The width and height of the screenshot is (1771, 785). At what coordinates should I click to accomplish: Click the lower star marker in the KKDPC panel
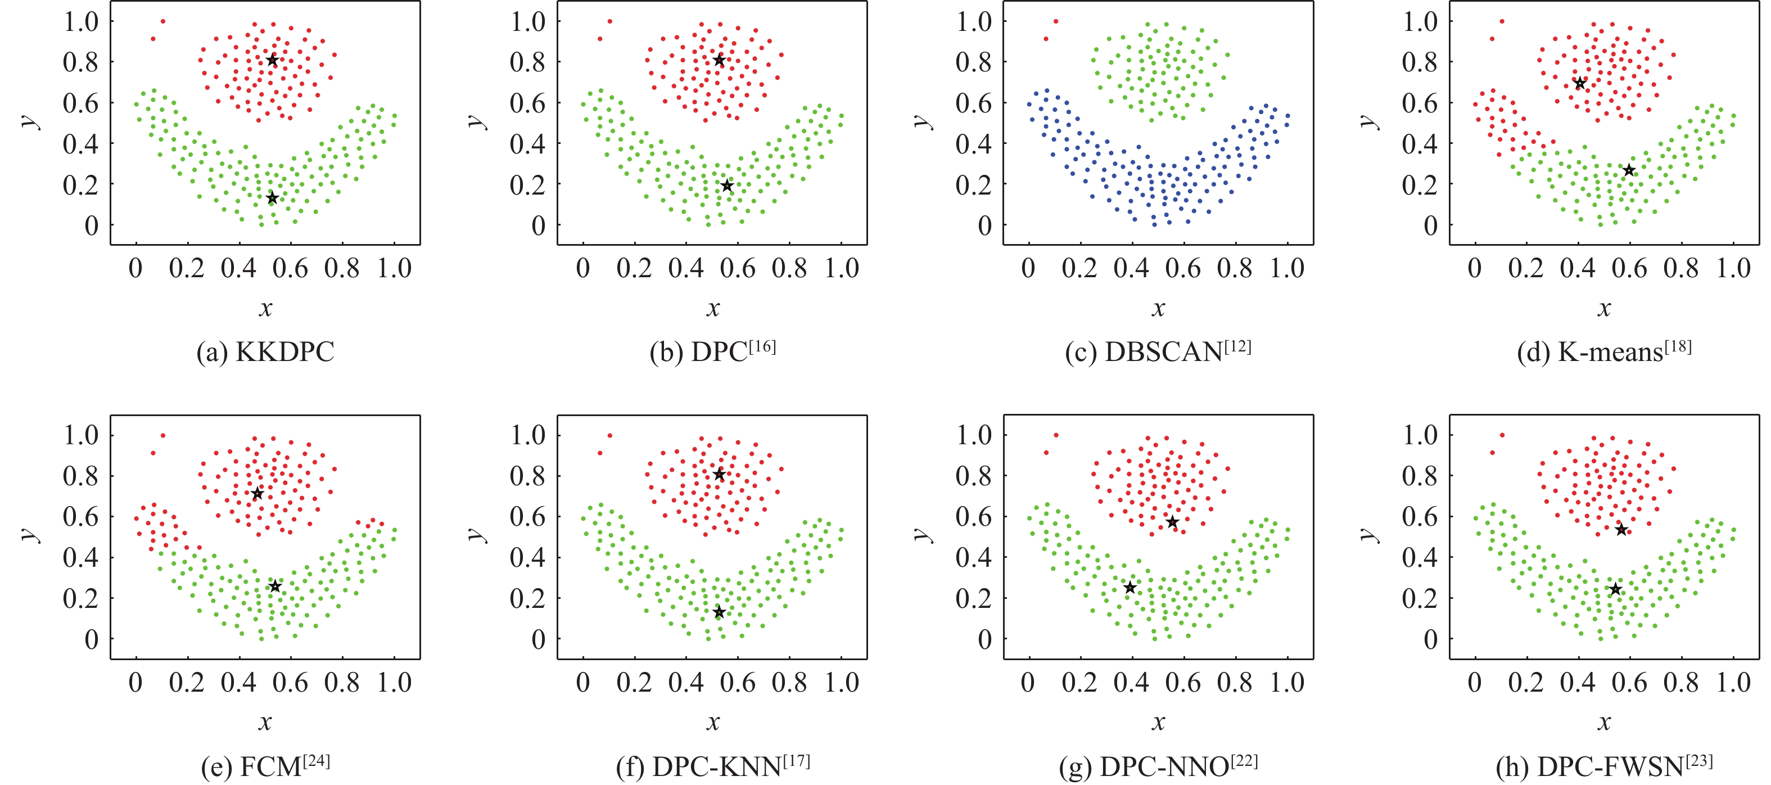[x=272, y=198]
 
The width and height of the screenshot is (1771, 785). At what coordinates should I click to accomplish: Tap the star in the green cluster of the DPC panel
[x=728, y=186]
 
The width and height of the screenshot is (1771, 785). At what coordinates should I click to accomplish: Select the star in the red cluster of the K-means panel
[x=1580, y=84]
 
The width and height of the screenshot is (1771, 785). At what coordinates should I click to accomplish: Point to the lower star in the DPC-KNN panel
[x=719, y=612]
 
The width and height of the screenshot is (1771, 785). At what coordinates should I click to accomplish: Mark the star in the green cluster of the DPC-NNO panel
[x=1130, y=588]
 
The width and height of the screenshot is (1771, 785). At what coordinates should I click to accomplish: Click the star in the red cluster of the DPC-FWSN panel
[x=1621, y=529]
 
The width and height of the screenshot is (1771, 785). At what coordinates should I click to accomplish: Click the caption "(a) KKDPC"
[x=265, y=353]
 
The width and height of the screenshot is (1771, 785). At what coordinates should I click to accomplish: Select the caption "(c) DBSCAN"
[x=1158, y=351]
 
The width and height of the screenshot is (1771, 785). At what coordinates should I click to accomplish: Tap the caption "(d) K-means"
[x=1604, y=351]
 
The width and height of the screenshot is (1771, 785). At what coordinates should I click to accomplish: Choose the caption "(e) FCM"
[x=265, y=766]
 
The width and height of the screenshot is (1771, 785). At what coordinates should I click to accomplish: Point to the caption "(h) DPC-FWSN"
[x=1604, y=766]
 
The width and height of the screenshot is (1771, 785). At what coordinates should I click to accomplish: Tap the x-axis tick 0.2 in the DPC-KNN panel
[x=634, y=683]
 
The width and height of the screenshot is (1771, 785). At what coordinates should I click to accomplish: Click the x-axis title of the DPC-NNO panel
[x=1158, y=723]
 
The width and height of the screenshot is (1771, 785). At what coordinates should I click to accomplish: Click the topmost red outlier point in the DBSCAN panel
[x=1056, y=21]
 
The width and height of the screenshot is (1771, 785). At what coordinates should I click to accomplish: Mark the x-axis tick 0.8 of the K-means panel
[x=1681, y=269]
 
